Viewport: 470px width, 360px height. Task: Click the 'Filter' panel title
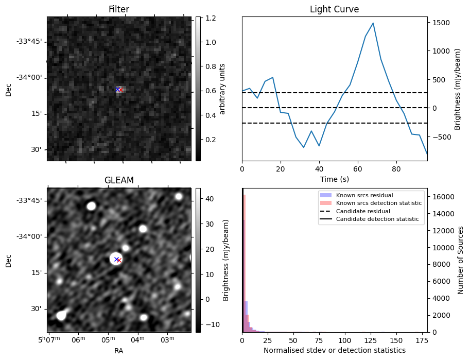click(x=118, y=9)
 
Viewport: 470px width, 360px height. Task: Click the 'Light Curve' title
click(x=334, y=9)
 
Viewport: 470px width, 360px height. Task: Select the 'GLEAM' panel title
click(x=118, y=180)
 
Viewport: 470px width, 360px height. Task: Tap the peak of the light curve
click(x=373, y=23)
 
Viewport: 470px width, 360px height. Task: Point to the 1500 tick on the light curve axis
click(x=441, y=23)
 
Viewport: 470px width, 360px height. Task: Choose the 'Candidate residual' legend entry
click(x=363, y=212)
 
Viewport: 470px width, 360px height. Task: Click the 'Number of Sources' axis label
click(x=461, y=260)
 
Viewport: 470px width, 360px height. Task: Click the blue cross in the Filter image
click(x=117, y=90)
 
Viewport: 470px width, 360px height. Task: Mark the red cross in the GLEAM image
click(x=119, y=261)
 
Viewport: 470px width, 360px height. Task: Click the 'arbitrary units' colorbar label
click(x=222, y=89)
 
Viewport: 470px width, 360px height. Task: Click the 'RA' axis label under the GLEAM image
click(x=118, y=351)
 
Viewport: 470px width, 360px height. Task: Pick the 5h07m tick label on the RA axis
click(x=49, y=340)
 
